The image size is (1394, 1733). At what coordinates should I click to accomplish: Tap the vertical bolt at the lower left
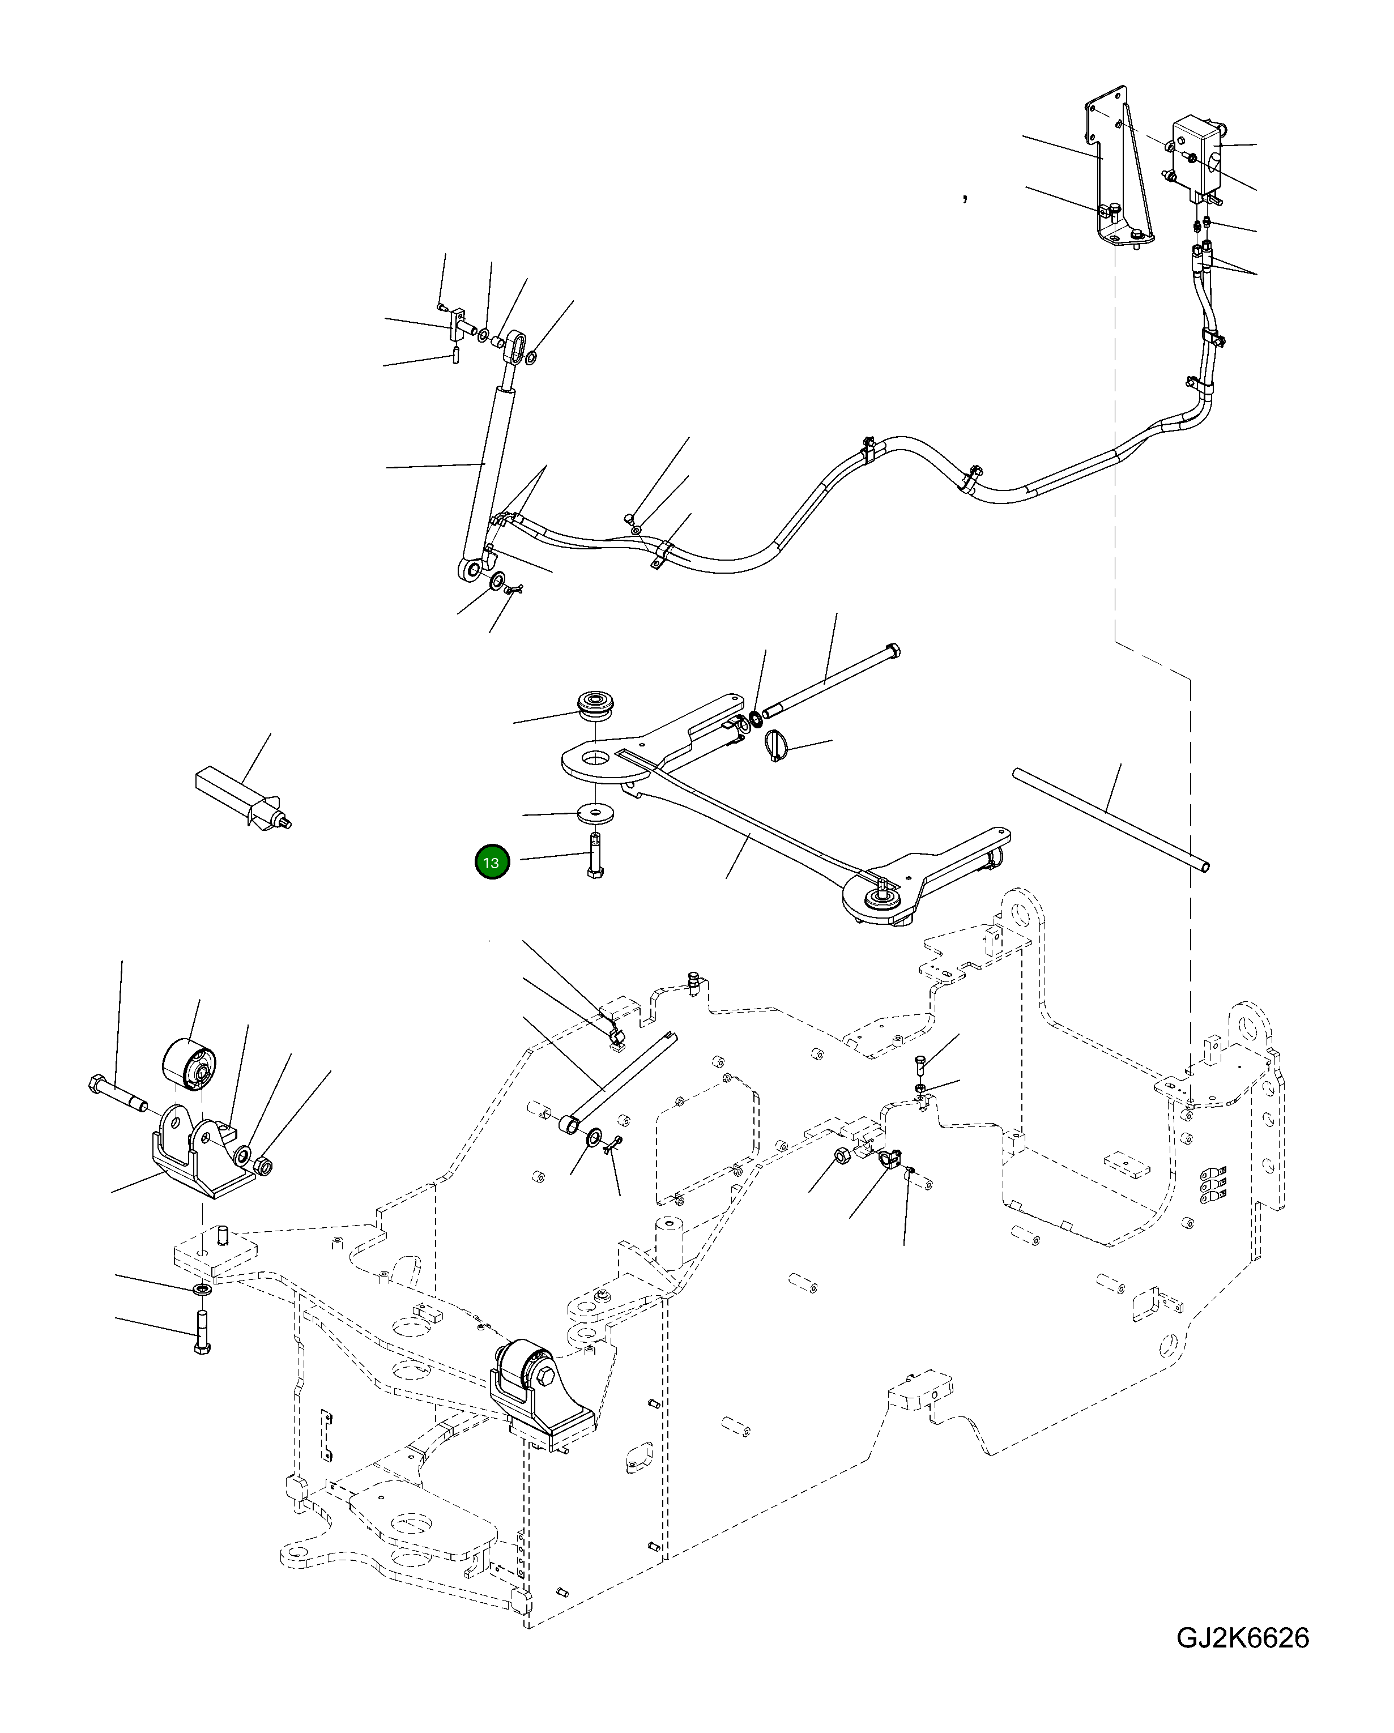[201, 1332]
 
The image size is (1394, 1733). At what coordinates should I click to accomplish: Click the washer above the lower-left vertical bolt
[201, 1290]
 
